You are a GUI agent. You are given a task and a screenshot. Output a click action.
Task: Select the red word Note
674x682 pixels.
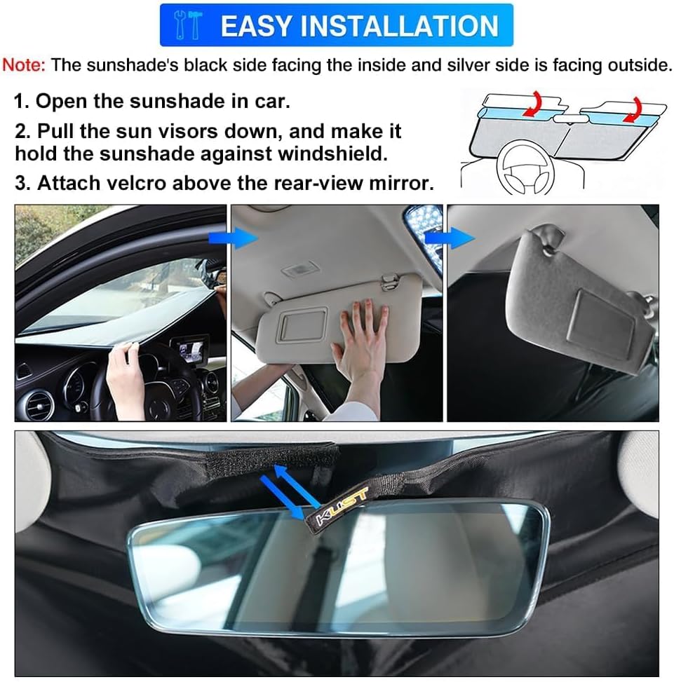[x=23, y=65]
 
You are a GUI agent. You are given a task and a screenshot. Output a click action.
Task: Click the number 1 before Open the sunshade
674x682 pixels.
[x=20, y=101]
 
